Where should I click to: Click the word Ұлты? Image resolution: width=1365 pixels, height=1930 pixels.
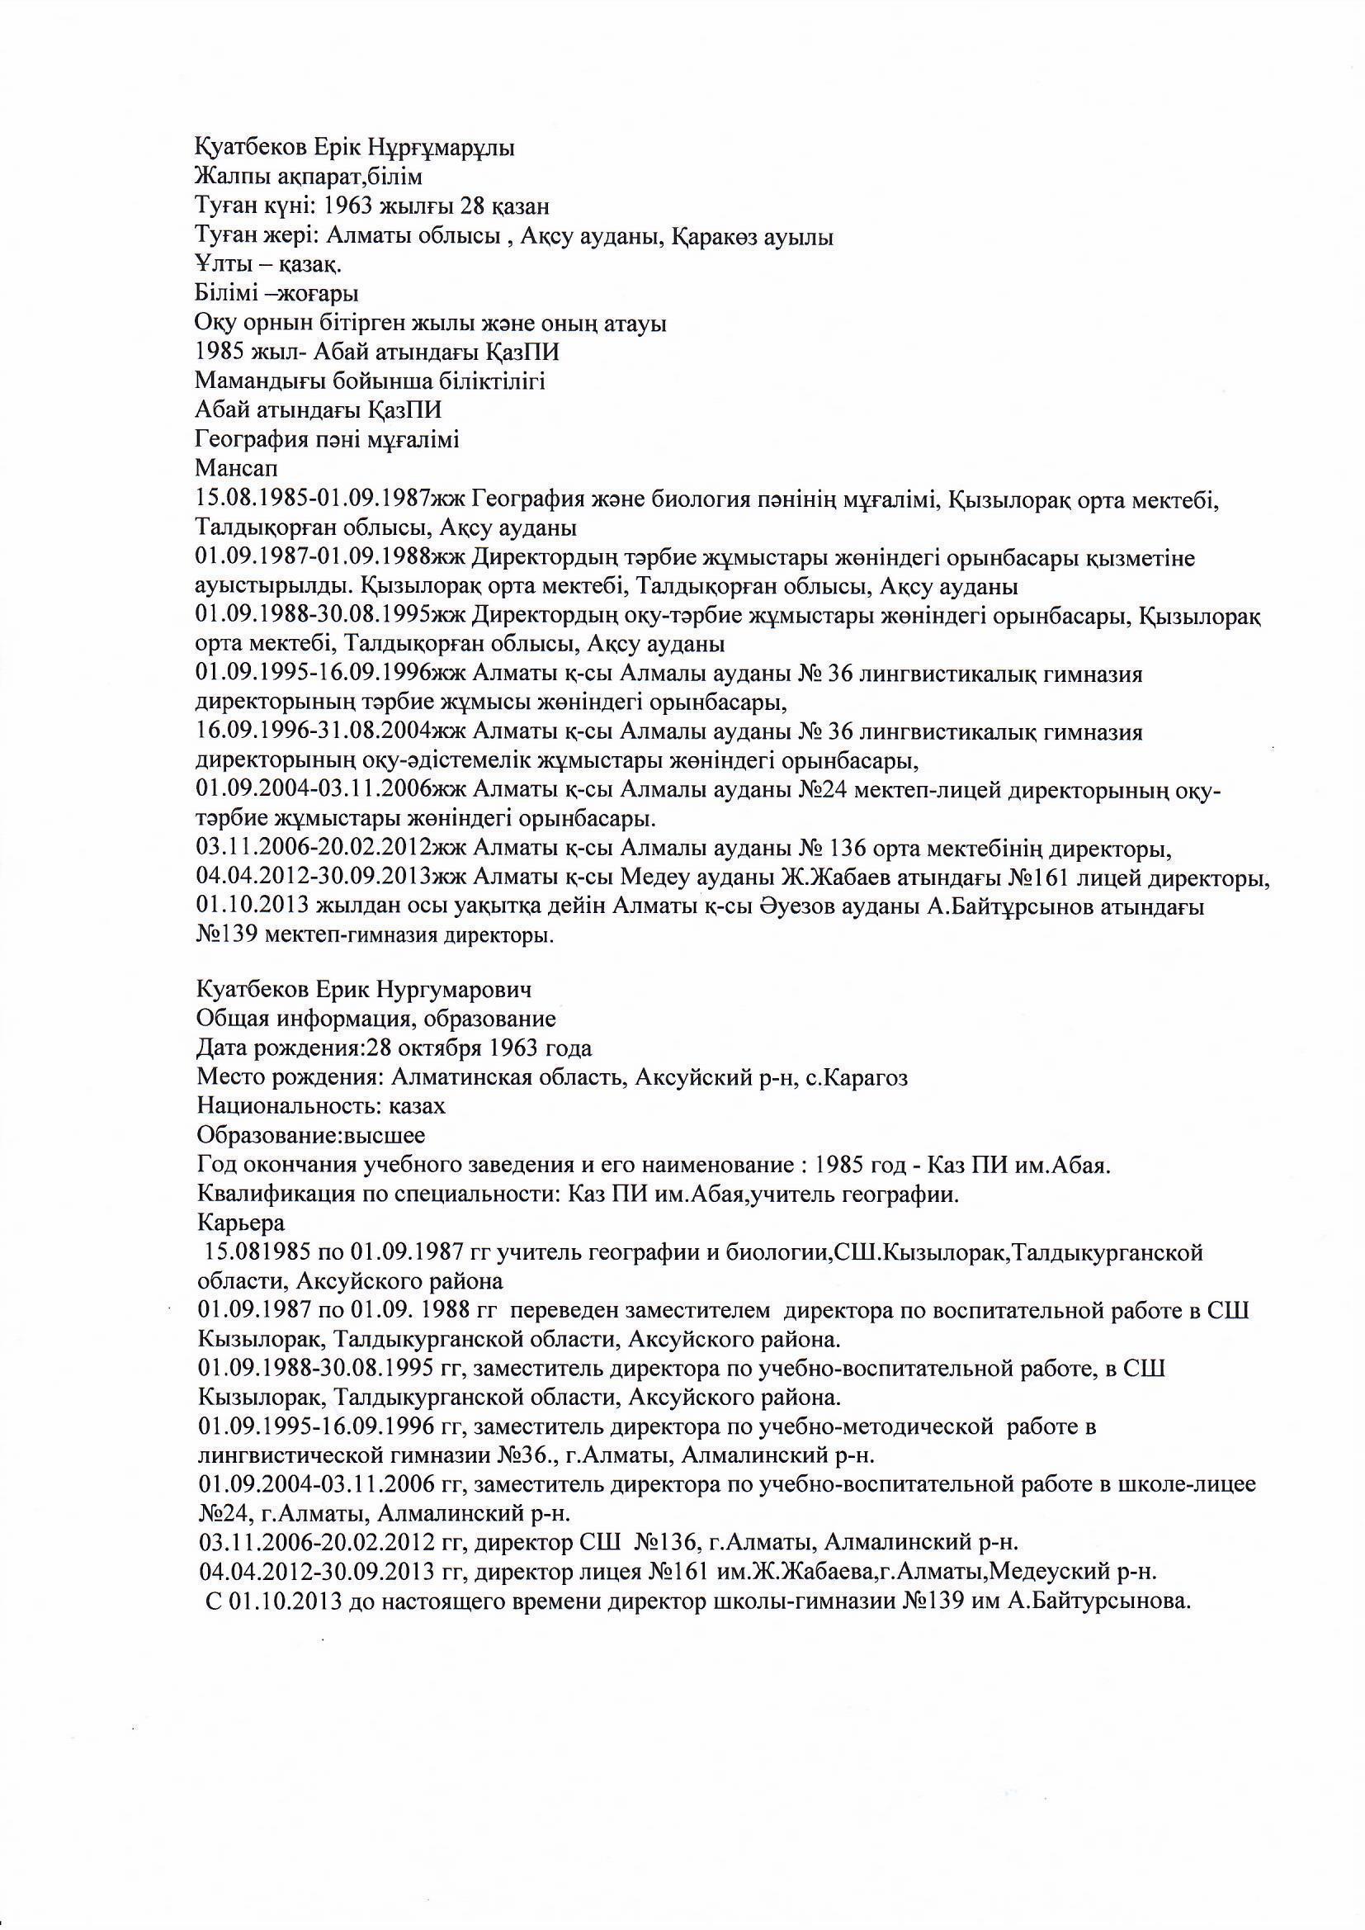pyautogui.click(x=217, y=266)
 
